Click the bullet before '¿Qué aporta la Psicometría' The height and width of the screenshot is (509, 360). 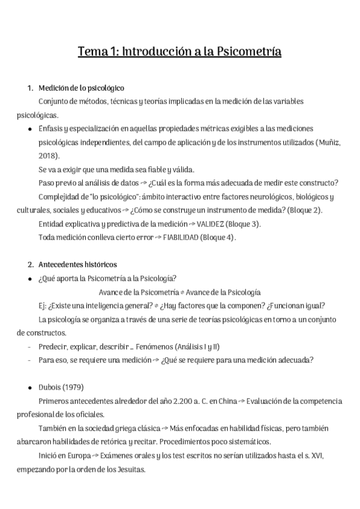point(30,278)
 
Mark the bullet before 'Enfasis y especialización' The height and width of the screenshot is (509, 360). point(30,129)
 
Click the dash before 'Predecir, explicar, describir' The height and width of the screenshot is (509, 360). point(30,346)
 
